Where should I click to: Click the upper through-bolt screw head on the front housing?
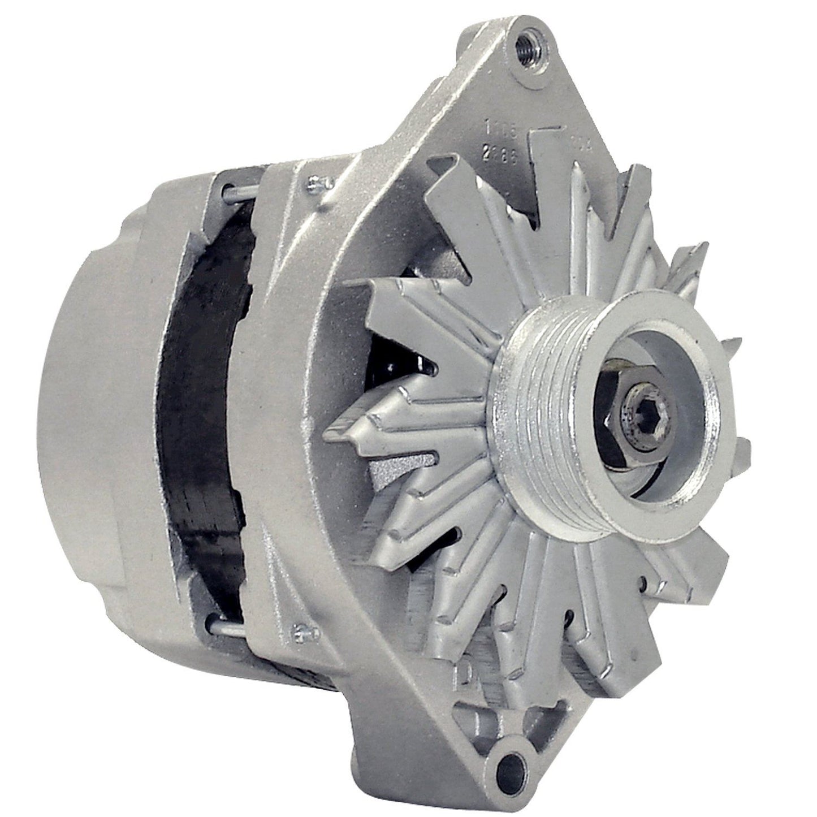[x=313, y=182]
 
